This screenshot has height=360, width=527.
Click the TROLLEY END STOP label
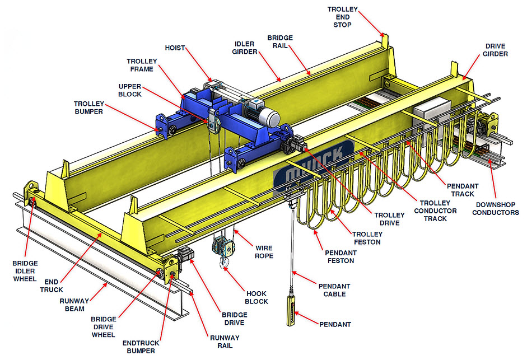coord(343,17)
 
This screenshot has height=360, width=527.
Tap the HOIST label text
coord(175,48)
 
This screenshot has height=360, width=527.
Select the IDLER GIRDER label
coord(245,48)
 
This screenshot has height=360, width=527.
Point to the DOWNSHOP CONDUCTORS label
coord(496,208)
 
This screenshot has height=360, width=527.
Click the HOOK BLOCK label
coord(256,297)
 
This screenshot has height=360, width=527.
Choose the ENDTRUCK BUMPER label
coord(141,347)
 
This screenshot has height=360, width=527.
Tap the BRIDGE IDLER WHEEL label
coord(25,271)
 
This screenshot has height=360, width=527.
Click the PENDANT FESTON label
coord(341,256)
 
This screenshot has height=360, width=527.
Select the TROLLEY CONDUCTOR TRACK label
coord(435,211)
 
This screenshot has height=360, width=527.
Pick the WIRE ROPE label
coord(264,252)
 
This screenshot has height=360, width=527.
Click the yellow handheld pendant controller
coord(291,311)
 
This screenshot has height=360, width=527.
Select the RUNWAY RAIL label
coord(225,342)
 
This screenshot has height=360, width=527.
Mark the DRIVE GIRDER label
coord(496,50)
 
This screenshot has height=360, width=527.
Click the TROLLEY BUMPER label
coord(89,107)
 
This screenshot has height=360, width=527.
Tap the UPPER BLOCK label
coord(130,90)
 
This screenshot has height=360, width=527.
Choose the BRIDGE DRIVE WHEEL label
coord(104,327)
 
